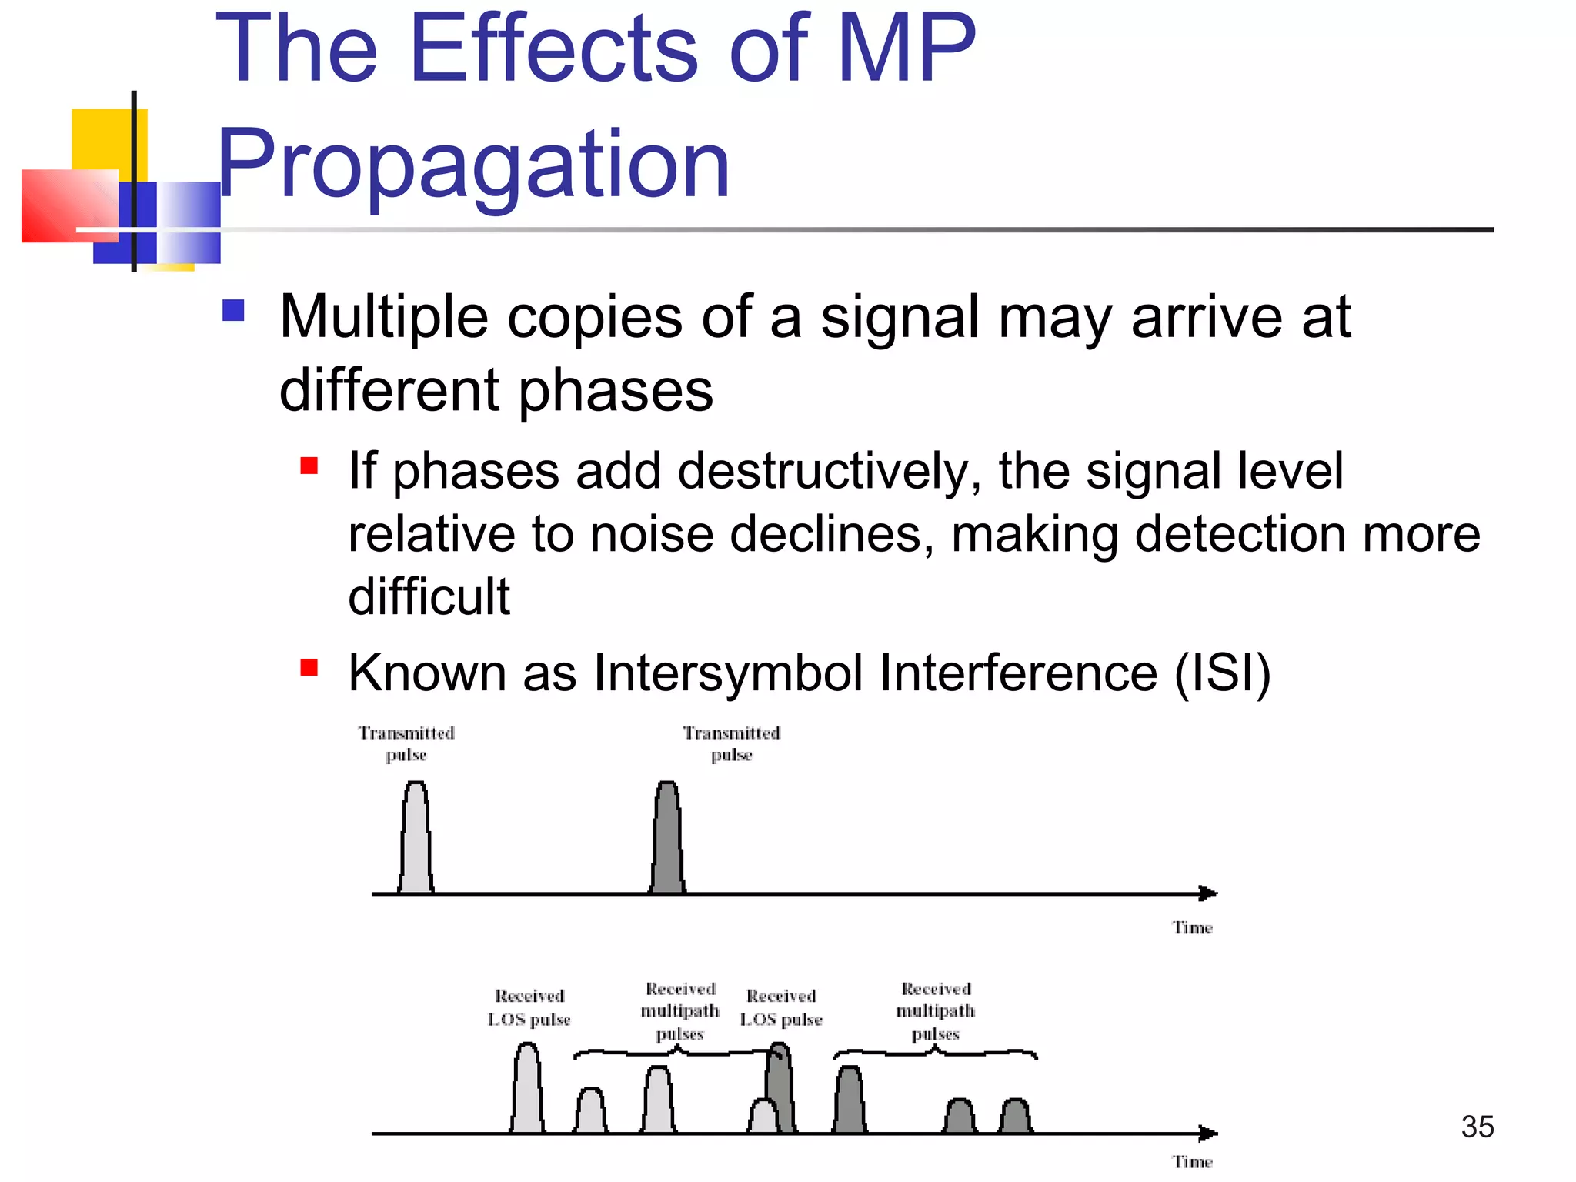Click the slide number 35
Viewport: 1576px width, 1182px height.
click(x=1477, y=1127)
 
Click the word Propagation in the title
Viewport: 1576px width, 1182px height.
click(x=473, y=165)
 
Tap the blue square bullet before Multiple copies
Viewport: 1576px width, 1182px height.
click(x=233, y=310)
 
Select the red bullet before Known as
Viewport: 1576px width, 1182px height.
click(x=309, y=666)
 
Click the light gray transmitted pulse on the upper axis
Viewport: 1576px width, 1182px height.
click(x=416, y=843)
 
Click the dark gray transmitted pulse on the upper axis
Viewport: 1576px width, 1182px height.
click(x=667, y=843)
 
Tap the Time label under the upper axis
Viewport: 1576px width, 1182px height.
click(x=1192, y=928)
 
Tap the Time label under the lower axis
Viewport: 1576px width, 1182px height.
click(x=1192, y=1162)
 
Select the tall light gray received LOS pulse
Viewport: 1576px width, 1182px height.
click(x=527, y=1093)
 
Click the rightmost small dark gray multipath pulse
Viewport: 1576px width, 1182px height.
click(x=1015, y=1117)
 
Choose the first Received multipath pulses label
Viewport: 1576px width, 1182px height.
click(x=680, y=1011)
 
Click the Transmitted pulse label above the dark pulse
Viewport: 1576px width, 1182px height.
click(x=732, y=743)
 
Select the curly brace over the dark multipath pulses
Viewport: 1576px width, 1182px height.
click(x=935, y=1052)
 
